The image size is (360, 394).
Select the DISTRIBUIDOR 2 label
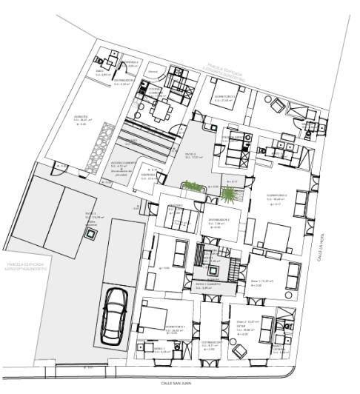pos(218,220)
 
